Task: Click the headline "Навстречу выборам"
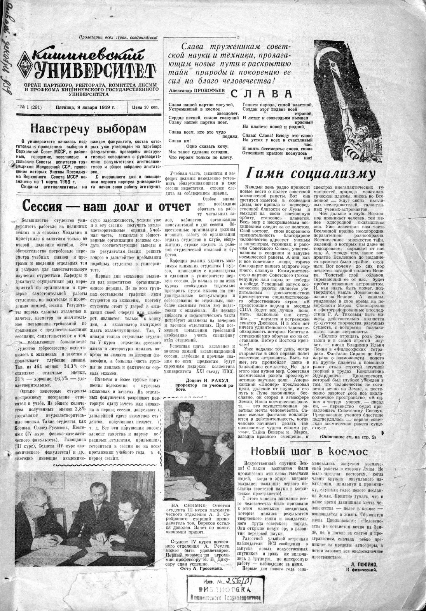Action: tap(83, 128)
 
